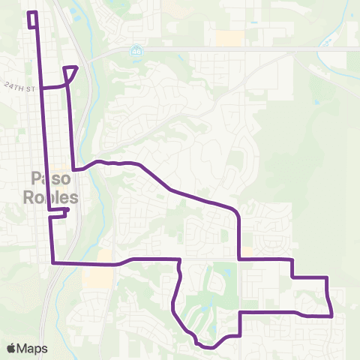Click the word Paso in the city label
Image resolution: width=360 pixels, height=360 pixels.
(x=51, y=178)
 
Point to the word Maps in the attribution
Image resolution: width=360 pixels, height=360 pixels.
(x=32, y=348)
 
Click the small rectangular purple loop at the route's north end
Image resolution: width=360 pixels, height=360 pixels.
(x=32, y=20)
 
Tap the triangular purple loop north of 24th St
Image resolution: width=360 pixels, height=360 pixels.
(x=70, y=73)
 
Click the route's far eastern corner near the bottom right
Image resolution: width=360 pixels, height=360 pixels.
(x=331, y=316)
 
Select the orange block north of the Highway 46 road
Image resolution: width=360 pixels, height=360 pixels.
(x=229, y=37)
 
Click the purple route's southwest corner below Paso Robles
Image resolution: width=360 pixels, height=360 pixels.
(x=52, y=263)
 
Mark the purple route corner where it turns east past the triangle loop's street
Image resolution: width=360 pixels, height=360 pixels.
(x=73, y=169)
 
